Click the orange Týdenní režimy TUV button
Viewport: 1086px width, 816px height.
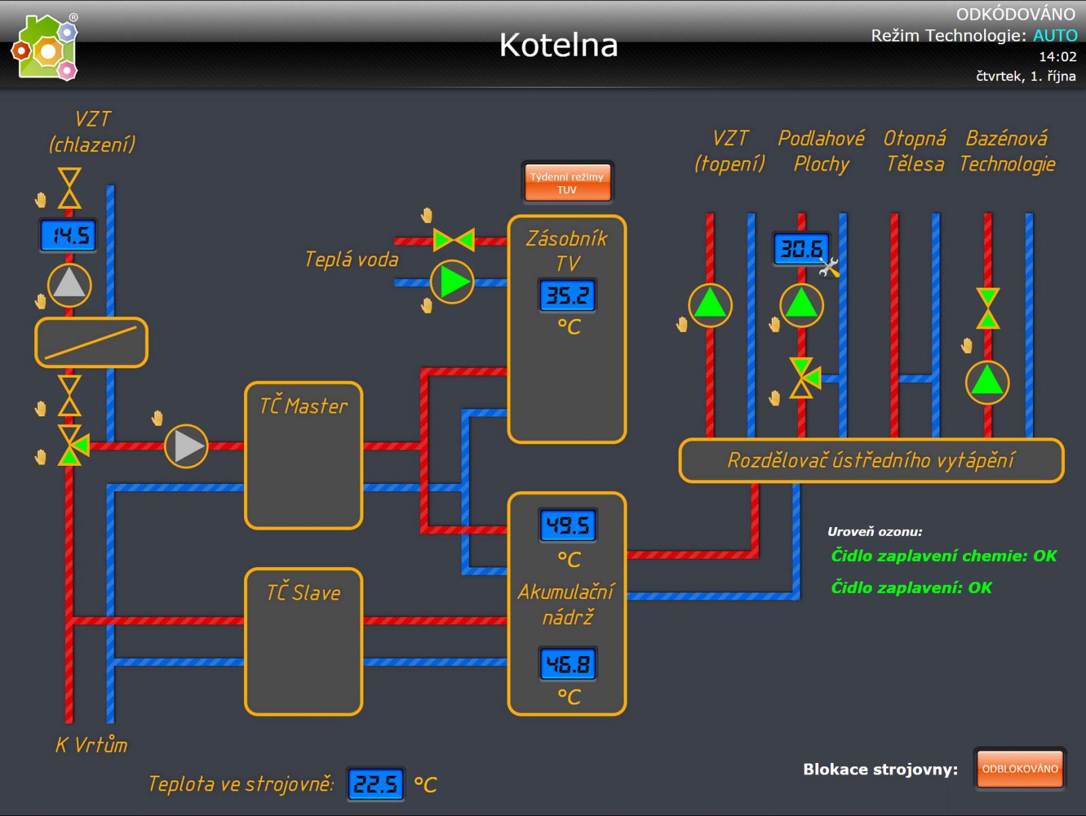pos(567,183)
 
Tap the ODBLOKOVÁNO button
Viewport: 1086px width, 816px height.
pos(1019,769)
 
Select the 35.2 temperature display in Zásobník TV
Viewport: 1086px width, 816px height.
pos(568,296)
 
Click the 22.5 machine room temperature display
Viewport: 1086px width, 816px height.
pos(375,785)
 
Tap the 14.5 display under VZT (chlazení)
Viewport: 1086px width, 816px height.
pos(68,236)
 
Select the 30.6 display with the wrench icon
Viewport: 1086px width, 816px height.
pos(801,249)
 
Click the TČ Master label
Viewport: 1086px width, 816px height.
pos(303,407)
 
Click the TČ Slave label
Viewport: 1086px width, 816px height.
pos(303,593)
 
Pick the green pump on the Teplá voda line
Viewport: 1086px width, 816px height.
pos(452,282)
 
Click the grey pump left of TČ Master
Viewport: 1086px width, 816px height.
pos(186,447)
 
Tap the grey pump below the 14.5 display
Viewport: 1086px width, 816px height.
pos(69,286)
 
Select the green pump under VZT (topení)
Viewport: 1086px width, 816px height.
pos(710,305)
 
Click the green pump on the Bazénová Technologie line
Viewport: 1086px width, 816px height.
pos(987,382)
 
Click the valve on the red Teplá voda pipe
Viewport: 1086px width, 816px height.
pos(454,240)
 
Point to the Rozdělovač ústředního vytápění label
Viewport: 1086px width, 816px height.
pos(870,460)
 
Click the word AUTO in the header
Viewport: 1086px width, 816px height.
pos(1055,35)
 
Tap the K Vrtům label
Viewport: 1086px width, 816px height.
pos(91,745)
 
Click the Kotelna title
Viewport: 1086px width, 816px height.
pos(558,45)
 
